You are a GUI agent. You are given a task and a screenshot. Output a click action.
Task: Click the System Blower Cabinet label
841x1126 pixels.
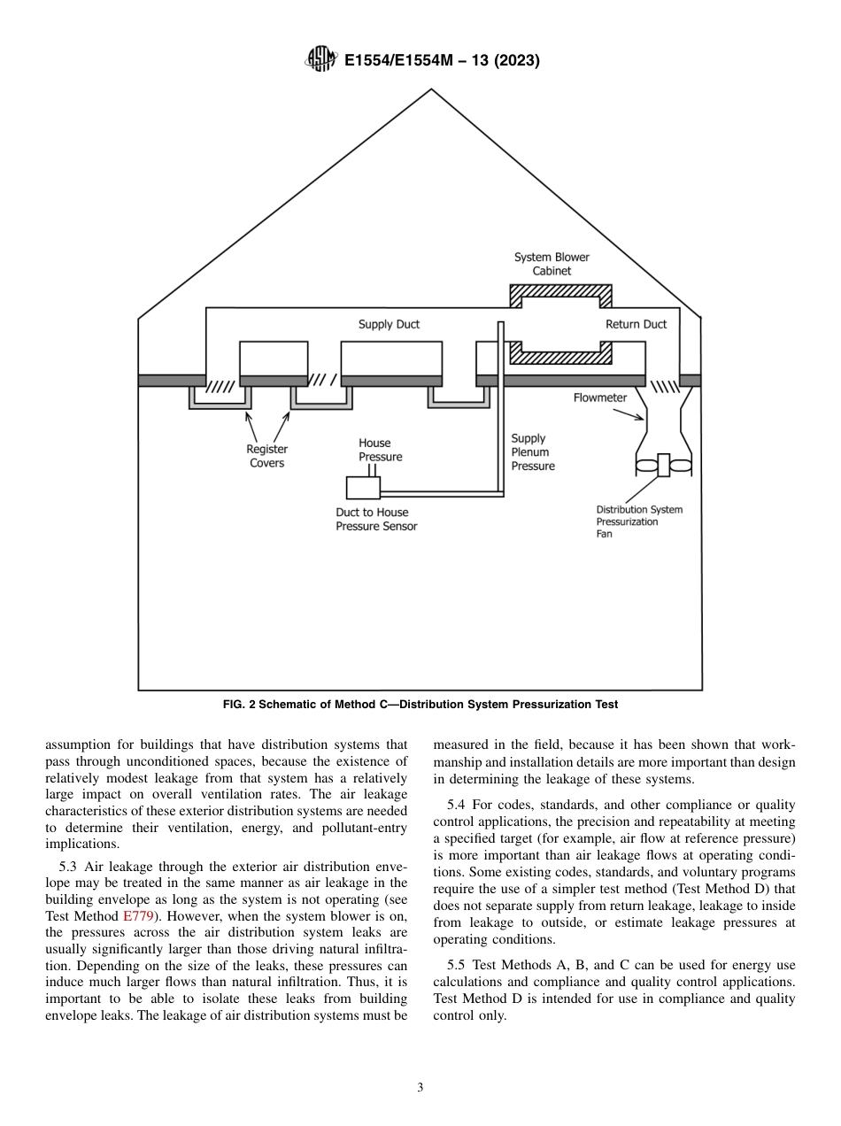(x=552, y=264)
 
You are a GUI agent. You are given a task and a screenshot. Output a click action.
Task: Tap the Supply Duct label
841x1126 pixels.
(x=389, y=324)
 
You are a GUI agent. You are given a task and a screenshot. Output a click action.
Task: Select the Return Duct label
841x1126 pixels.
(x=636, y=324)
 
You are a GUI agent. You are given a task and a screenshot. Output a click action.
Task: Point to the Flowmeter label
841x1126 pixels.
(x=600, y=397)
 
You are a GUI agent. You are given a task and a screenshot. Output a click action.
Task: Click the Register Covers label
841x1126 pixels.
(x=266, y=456)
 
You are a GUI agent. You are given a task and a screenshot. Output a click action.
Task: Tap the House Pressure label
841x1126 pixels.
(x=380, y=450)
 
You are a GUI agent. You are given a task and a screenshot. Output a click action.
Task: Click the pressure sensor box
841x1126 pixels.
(x=363, y=488)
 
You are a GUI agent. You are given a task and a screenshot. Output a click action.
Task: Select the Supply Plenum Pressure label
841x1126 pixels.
(x=533, y=452)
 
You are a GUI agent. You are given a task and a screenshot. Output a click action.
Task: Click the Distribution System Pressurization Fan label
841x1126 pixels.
(x=639, y=521)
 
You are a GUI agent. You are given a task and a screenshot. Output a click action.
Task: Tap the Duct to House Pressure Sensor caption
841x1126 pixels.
(x=376, y=519)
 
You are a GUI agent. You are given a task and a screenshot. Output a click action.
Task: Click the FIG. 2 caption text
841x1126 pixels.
(x=420, y=705)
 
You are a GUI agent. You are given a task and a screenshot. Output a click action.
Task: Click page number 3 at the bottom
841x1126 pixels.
(x=420, y=1088)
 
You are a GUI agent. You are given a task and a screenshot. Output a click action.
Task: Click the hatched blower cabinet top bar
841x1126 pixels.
(x=560, y=291)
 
